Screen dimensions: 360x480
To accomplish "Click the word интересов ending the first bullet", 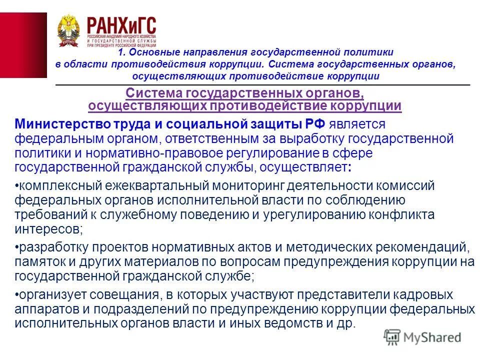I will (47, 230).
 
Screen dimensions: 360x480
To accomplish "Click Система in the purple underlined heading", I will (154, 93).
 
